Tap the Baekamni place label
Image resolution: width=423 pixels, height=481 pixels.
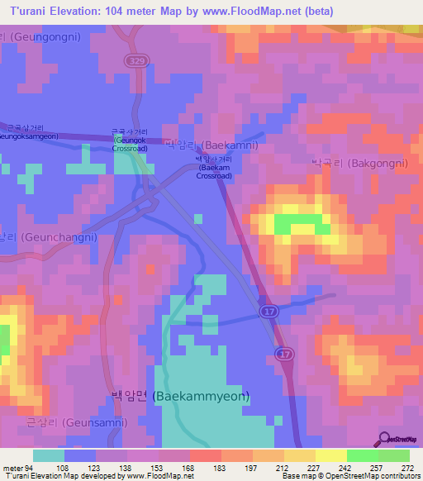point(211,145)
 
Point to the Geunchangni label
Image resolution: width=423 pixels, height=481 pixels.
point(50,236)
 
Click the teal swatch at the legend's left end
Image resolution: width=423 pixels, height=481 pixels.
point(48,455)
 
